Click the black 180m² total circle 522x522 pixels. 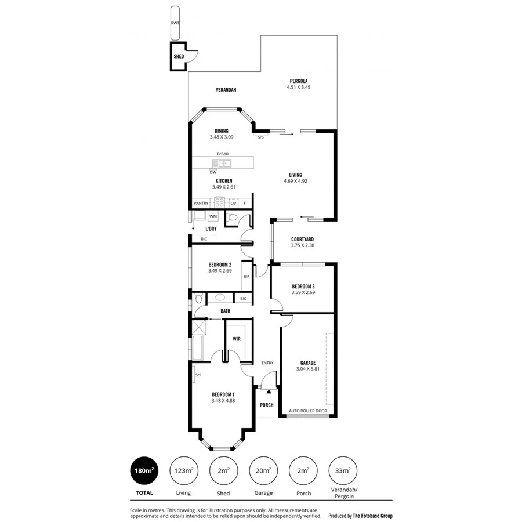pyautogui.click(x=144, y=471)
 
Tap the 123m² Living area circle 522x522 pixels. pyautogui.click(x=184, y=471)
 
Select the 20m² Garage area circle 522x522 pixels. pyautogui.click(x=263, y=471)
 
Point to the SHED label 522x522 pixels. pyautogui.click(x=179, y=57)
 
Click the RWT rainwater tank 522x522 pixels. pyautogui.click(x=175, y=23)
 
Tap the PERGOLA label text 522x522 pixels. pyautogui.click(x=299, y=81)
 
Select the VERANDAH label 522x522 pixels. pyautogui.click(x=226, y=90)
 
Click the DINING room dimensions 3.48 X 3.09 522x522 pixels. pyautogui.click(x=221, y=137)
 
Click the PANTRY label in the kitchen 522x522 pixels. pyautogui.click(x=201, y=204)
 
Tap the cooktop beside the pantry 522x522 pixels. pyautogui.click(x=220, y=203)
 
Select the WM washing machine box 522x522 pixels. pyautogui.click(x=213, y=216)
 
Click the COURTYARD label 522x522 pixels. pyautogui.click(x=303, y=239)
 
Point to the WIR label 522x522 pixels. pyautogui.click(x=237, y=338)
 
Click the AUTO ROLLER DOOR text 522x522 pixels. pyautogui.click(x=308, y=411)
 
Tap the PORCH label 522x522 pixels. pyautogui.click(x=267, y=405)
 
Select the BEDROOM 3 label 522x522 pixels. pyautogui.click(x=303, y=287)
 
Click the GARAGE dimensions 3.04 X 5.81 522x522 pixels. pyautogui.click(x=308, y=369)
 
